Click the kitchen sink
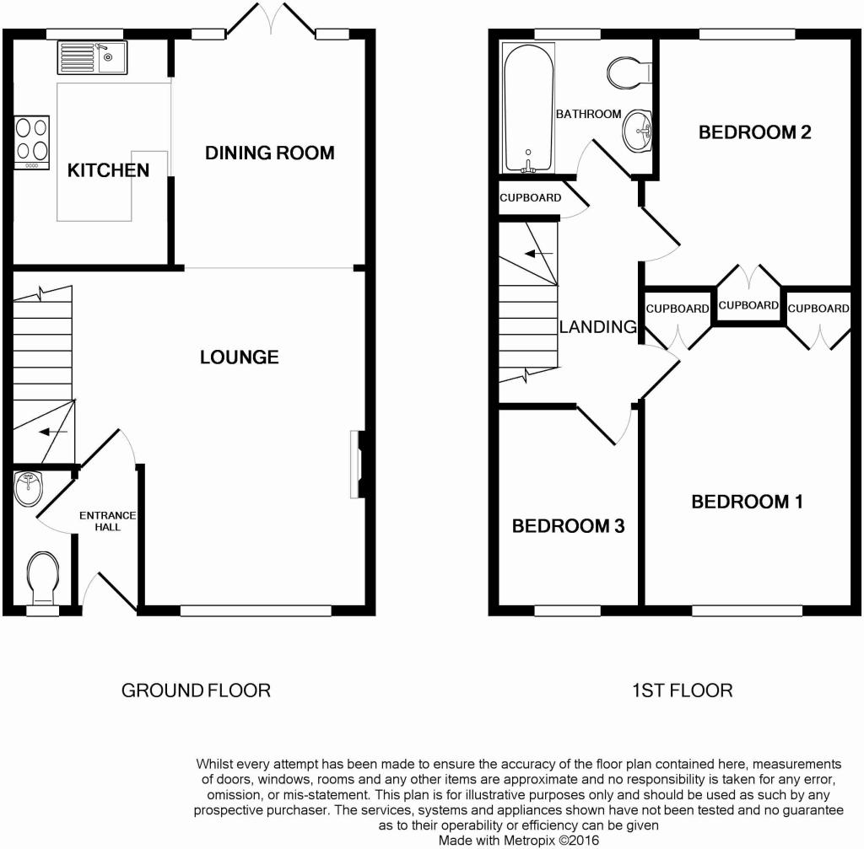(x=92, y=57)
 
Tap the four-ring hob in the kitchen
(x=32, y=142)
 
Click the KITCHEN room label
(x=108, y=170)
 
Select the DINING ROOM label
(x=269, y=153)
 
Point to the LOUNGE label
(x=239, y=357)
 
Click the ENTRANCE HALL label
(x=107, y=521)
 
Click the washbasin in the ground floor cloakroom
(x=28, y=488)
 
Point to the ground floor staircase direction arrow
(x=53, y=432)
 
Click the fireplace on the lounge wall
(x=357, y=465)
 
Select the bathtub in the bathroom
(x=528, y=108)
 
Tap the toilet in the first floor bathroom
(x=629, y=73)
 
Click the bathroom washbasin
(x=638, y=131)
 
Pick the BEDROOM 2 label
(x=755, y=132)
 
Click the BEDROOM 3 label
(x=568, y=526)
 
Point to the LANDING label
(x=598, y=326)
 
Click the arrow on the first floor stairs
(x=539, y=254)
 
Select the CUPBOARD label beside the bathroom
(x=530, y=197)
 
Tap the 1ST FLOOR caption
(x=682, y=690)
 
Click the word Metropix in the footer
(x=530, y=841)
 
